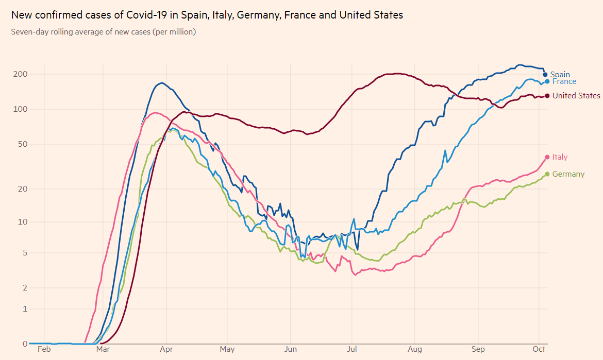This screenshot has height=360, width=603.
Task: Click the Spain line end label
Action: [560, 75]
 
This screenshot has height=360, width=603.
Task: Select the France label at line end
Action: [564, 81]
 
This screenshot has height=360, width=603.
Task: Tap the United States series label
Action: [576, 96]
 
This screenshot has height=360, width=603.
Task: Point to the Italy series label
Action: [560, 157]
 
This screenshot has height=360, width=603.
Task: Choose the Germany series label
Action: [568, 174]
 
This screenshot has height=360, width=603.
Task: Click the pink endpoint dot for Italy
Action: [547, 157]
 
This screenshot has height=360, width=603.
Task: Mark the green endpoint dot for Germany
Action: [547, 174]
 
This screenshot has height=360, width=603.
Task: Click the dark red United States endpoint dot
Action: [547, 95]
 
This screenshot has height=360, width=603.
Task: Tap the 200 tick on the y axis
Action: [20, 74]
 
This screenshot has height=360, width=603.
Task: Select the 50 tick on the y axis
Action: [22, 144]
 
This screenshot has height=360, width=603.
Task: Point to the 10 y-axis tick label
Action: [22, 222]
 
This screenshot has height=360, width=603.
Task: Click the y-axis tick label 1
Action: [24, 308]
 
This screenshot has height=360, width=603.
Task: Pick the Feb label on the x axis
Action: [44, 350]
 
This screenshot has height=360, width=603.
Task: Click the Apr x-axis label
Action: [166, 350]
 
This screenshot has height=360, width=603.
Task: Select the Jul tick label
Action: [352, 350]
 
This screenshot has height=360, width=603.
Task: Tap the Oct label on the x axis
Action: [539, 350]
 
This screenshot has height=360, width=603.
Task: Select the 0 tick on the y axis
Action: [24, 344]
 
